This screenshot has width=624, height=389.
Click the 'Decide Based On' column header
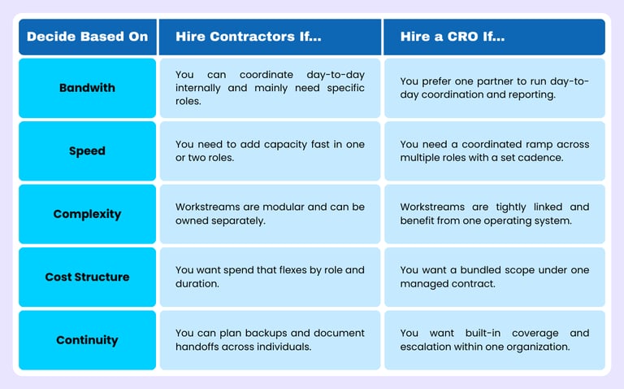(x=88, y=37)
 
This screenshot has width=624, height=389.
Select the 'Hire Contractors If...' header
(x=248, y=37)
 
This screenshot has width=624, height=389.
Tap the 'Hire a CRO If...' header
(x=452, y=37)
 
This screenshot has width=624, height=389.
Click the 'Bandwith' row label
(x=88, y=88)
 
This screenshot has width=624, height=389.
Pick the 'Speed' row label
(x=88, y=151)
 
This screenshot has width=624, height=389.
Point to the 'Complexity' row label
(x=88, y=214)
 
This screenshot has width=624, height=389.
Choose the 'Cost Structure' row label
(x=88, y=277)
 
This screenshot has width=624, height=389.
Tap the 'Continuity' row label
(x=88, y=340)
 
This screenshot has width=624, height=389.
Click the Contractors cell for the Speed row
(x=270, y=151)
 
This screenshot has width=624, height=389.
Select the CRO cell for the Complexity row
(x=494, y=214)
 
